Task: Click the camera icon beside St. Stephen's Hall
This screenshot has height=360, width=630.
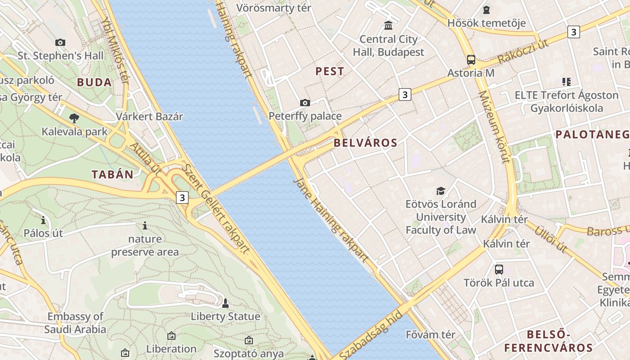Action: point(60,43)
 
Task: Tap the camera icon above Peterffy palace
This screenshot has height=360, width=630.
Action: point(305,103)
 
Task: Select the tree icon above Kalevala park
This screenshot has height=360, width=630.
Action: point(74,118)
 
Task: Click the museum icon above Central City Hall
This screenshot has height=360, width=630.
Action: point(388,25)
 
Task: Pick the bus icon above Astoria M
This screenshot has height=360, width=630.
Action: point(471,59)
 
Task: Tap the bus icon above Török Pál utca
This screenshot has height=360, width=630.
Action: point(499,270)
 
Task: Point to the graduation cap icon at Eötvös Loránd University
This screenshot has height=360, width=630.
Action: point(441,191)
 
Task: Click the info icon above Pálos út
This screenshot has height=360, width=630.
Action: point(43,220)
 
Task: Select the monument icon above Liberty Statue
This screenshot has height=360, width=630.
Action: point(225,303)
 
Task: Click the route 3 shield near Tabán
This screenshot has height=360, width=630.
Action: point(182,197)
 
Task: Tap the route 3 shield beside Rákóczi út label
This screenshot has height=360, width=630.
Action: point(573,32)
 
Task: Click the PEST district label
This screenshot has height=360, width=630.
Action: point(330,71)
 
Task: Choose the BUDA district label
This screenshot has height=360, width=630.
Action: point(94,82)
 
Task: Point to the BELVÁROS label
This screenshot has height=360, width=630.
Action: point(365,143)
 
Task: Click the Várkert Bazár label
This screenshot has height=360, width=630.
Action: point(149,117)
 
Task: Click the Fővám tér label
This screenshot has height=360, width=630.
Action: point(430,335)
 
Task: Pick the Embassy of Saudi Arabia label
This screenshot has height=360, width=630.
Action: point(75,323)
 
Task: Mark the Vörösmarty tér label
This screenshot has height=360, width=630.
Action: point(273,8)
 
